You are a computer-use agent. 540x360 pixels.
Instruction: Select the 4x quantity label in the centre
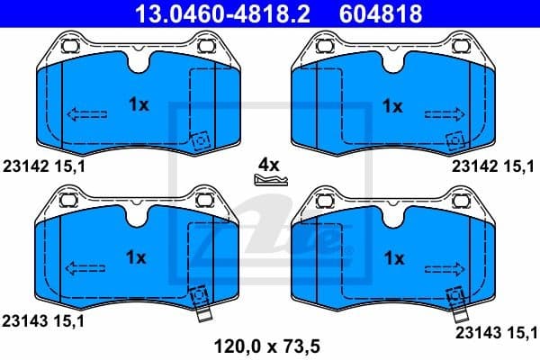(x=269, y=165)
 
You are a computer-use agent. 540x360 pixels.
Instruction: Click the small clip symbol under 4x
(x=269, y=181)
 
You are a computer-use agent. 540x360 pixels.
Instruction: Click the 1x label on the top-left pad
(x=138, y=105)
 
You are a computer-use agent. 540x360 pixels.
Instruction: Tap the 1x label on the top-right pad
(x=391, y=105)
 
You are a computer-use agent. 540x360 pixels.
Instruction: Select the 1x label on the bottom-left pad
(x=136, y=257)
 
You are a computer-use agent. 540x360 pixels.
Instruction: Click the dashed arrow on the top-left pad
(x=85, y=113)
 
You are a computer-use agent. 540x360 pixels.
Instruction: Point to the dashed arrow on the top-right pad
(x=445, y=113)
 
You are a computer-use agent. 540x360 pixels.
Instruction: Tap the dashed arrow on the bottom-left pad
(x=85, y=266)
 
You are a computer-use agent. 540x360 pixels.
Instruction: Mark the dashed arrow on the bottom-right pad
(x=445, y=266)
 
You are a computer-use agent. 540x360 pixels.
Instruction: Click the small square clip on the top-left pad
(x=199, y=141)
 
